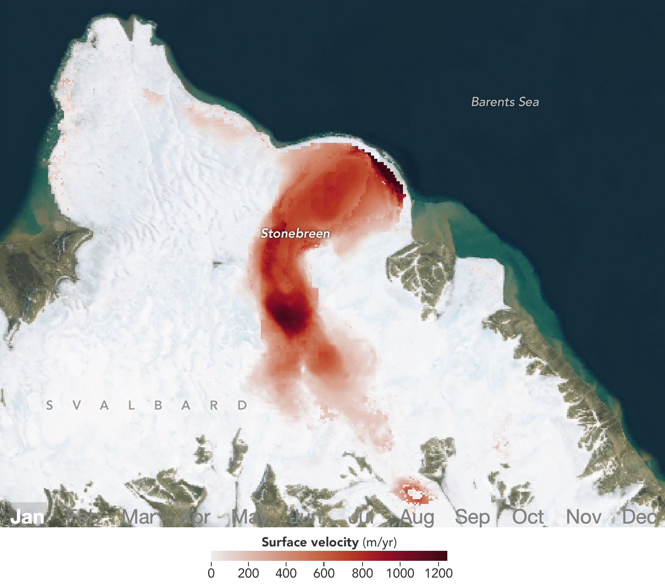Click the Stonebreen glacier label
pyautogui.click(x=295, y=233)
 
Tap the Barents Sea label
pyautogui.click(x=505, y=102)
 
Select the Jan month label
pyautogui.click(x=27, y=517)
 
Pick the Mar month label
pyautogui.click(x=140, y=517)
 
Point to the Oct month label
pyautogui.click(x=528, y=517)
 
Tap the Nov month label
pyautogui.click(x=583, y=517)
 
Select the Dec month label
pyautogui.click(x=639, y=517)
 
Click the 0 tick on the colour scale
pyautogui.click(x=211, y=573)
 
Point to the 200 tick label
pyautogui.click(x=248, y=573)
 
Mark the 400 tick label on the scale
pyautogui.click(x=286, y=573)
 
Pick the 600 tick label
pyautogui.click(x=324, y=573)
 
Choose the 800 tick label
pyautogui.click(x=362, y=573)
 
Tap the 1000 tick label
pyautogui.click(x=400, y=573)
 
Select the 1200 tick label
pyautogui.click(x=439, y=573)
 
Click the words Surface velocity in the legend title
pyautogui.click(x=310, y=542)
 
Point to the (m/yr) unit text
pyautogui.click(x=380, y=543)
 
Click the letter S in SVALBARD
pyautogui.click(x=50, y=406)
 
